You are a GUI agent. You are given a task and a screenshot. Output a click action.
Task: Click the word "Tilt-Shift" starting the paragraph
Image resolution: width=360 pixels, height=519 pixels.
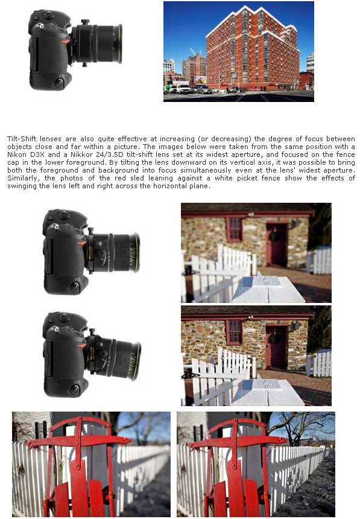tap(22, 139)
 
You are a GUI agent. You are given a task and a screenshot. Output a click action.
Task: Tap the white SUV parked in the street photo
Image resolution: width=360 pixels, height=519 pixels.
tap(183, 88)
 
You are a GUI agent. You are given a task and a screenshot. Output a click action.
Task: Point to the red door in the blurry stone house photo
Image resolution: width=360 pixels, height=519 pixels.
tap(277, 244)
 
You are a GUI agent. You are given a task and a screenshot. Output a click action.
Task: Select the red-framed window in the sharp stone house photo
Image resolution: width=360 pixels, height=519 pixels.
tap(234, 332)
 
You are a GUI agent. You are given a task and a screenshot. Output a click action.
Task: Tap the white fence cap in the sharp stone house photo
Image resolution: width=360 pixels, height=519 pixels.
tap(267, 392)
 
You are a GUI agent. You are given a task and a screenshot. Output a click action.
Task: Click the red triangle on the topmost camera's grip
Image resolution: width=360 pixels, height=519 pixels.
tap(66, 42)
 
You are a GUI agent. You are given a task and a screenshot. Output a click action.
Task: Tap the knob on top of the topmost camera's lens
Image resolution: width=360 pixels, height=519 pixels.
tap(85, 22)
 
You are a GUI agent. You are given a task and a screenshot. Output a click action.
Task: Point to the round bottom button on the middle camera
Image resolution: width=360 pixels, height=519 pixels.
tap(74, 286)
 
